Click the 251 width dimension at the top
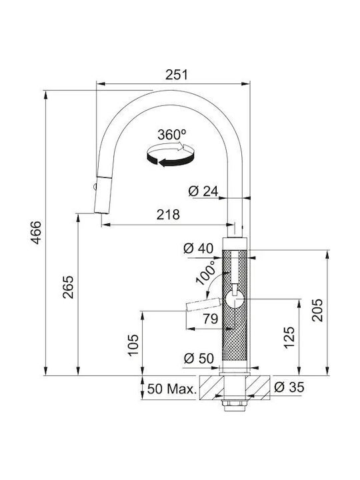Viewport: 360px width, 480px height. tap(176, 75)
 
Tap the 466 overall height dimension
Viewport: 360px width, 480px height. tap(37, 233)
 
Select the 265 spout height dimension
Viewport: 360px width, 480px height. tap(68, 287)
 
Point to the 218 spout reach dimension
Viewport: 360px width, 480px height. tap(168, 215)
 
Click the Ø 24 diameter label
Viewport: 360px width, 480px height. tap(203, 191)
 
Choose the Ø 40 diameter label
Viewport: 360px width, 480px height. tap(199, 248)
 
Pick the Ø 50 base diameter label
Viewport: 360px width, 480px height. tap(199, 358)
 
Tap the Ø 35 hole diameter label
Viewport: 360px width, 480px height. tap(289, 387)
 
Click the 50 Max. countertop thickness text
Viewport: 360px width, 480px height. tap(171, 389)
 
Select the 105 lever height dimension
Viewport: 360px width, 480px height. tap(133, 345)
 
